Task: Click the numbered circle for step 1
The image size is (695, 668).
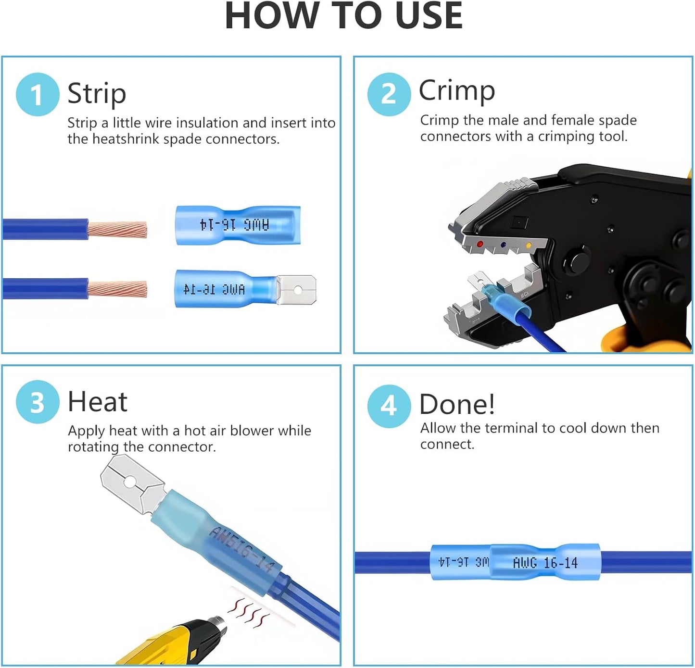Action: (38, 94)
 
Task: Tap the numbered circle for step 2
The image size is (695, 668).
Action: (389, 94)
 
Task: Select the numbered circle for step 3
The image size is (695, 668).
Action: (38, 402)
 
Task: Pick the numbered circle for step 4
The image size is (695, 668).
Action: (389, 406)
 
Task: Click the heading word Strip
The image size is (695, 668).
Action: (97, 94)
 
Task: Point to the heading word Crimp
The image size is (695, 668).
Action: (457, 91)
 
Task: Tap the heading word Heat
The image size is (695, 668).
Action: (98, 402)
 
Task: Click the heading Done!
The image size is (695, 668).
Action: (457, 404)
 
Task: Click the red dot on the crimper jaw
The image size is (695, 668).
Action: (480, 244)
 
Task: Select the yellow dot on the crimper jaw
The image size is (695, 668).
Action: (529, 246)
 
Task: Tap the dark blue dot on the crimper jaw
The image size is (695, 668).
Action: (504, 245)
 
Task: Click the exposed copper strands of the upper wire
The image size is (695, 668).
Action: (117, 229)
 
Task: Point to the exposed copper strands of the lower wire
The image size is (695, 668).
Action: (117, 289)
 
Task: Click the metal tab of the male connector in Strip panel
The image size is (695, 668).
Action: (296, 289)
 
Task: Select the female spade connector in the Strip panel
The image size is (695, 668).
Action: (238, 225)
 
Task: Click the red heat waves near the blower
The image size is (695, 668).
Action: (249, 614)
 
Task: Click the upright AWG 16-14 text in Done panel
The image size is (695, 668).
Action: (545, 563)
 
